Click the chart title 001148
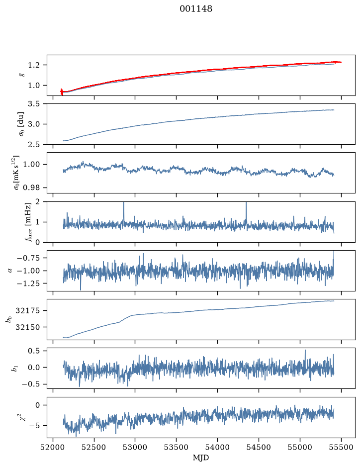click(x=196, y=9)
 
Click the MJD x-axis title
click(x=201, y=458)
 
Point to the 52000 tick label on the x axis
click(x=53, y=447)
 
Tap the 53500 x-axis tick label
click(x=177, y=447)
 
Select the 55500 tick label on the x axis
click(x=341, y=447)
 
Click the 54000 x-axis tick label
click(x=217, y=447)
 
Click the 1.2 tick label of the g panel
click(x=34, y=65)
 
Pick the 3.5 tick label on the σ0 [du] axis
click(x=34, y=104)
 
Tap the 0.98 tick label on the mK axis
click(x=31, y=188)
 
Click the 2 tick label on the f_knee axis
click(x=37, y=202)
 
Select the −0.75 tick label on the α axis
click(x=28, y=258)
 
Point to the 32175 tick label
click(x=27, y=311)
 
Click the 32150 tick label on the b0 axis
click(x=27, y=327)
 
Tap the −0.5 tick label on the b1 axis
click(x=31, y=384)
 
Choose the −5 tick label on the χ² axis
click(x=34, y=426)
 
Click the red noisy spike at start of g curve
click(x=62, y=92)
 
